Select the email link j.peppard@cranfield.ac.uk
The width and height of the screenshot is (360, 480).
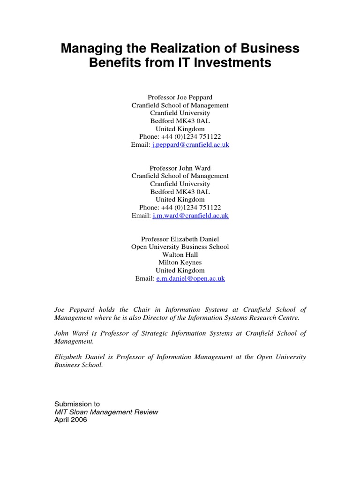pos(191,145)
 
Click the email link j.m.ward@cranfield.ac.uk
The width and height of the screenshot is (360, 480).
pos(190,216)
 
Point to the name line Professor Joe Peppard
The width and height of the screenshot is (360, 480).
pos(180,97)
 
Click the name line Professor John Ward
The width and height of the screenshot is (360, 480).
pos(180,168)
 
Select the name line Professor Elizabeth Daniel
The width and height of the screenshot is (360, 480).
pos(180,239)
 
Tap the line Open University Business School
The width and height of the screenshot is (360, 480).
pos(180,247)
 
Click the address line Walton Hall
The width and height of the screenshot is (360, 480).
pos(180,255)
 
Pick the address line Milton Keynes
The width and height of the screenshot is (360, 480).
pos(180,262)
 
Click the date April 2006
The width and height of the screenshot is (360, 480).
pos(71,420)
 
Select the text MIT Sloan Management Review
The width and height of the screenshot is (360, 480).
pos(106,412)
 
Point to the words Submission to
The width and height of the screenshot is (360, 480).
pos(77,404)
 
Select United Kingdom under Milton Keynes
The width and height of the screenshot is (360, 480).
pos(180,270)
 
